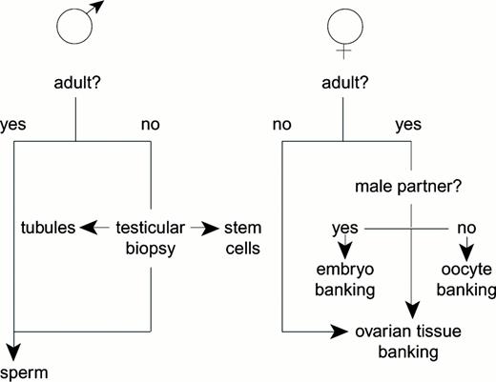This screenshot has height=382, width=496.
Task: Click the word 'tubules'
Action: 48,228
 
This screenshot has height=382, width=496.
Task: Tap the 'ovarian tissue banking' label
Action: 411,342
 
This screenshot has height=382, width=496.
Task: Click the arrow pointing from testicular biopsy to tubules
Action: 93,229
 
